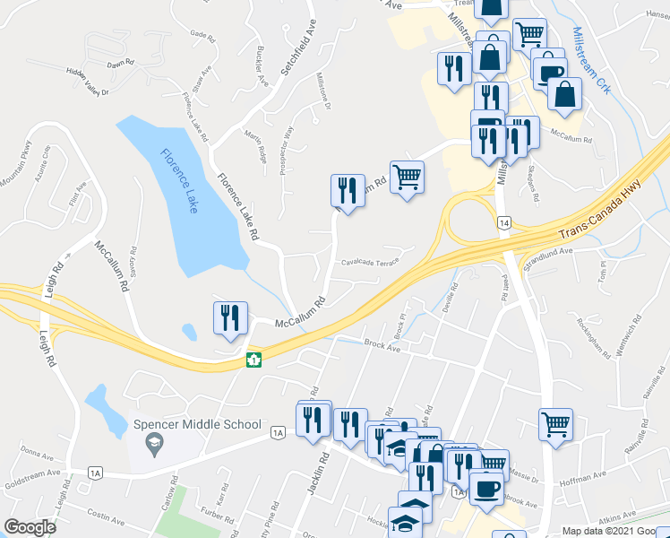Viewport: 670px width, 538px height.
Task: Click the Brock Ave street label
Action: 381,343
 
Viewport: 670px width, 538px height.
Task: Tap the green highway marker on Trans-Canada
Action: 254,360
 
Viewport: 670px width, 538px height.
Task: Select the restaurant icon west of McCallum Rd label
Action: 230,317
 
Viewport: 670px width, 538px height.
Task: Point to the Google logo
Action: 30,527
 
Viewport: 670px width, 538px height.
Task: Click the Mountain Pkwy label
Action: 17,164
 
